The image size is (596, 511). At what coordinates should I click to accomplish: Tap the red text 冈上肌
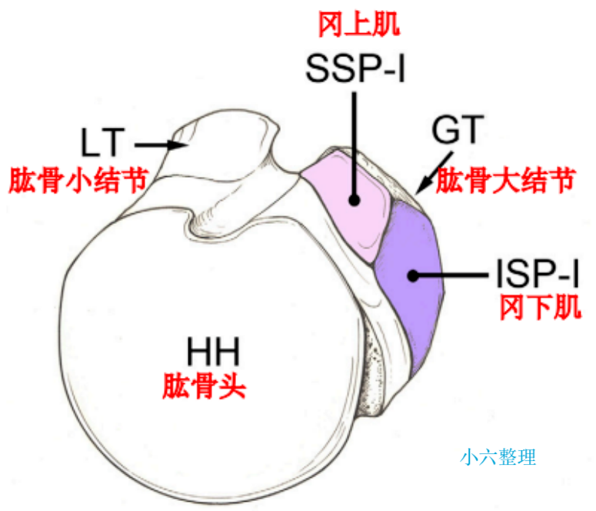pyautogui.click(x=359, y=27)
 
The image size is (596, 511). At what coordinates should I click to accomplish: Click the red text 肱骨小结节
pyautogui.click(x=78, y=182)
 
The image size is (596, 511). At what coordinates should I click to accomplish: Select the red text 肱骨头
pyautogui.click(x=204, y=385)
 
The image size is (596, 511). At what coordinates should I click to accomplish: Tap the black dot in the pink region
pyautogui.click(x=355, y=199)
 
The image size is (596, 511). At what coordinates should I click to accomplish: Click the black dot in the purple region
pyautogui.click(x=414, y=274)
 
